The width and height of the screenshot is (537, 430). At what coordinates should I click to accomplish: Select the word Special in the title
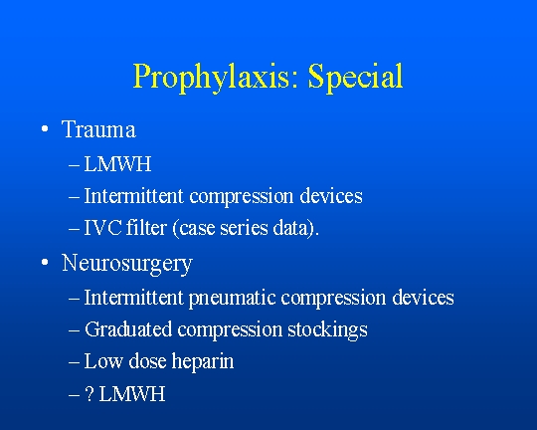pos(355,77)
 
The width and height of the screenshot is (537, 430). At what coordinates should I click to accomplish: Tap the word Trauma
pos(98,129)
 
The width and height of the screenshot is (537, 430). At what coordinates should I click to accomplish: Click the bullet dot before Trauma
pos(44,129)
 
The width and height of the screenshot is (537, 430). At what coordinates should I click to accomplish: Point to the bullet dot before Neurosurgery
pos(44,263)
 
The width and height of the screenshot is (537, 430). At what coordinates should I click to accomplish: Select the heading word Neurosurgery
pos(127,264)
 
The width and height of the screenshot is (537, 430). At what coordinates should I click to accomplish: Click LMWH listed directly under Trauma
pos(117,164)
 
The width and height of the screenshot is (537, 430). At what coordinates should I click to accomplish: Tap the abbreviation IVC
pos(102,227)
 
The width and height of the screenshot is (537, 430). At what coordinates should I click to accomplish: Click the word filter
pos(146,227)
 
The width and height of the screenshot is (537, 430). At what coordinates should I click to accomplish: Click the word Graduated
pos(128,329)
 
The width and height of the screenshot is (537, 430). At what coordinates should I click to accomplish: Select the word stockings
pos(327,330)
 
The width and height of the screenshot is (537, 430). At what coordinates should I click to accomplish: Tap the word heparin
pos(203,361)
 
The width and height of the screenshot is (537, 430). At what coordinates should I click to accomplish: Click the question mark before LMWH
pos(89,393)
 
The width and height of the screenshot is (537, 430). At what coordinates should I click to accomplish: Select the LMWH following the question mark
pos(132,394)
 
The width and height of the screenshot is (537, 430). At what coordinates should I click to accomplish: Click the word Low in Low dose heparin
pos(103,361)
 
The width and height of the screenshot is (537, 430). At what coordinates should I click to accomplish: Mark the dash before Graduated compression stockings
pos(74,330)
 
